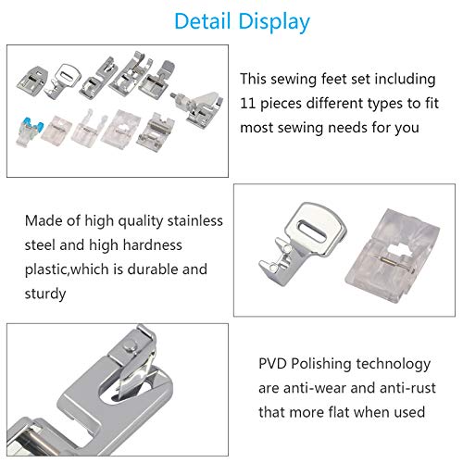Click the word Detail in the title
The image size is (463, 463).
coord(203,21)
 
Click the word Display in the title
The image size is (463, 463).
coord(274,22)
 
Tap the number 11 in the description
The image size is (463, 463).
coord(247,103)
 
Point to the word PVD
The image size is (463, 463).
coord(272,364)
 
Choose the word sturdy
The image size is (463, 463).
coord(45,294)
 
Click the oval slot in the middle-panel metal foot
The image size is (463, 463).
coord(311,232)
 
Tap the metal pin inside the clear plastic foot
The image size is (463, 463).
coord(393,262)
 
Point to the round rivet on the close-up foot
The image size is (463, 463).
coord(131,345)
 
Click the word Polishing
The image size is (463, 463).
coord(320,364)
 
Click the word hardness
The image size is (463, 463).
coord(152,245)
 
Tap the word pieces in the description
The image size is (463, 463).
coord(281,104)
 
